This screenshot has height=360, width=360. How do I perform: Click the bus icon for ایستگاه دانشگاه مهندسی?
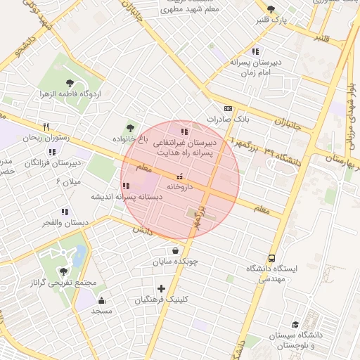pos(271,258)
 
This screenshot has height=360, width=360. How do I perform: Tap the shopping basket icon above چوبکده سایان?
pos(174,250)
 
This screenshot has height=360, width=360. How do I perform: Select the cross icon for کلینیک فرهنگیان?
pos(162,288)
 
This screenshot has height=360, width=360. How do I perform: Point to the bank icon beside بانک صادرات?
pos(228,109)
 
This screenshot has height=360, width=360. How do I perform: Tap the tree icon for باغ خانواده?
pos(130,127)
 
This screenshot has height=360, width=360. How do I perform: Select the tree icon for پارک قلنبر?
pos(271,9)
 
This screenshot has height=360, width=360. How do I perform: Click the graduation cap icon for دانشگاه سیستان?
pos(295,325)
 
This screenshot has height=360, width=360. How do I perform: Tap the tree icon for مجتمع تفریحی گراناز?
pos(64,271)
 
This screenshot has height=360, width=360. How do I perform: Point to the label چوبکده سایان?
pos(176,262)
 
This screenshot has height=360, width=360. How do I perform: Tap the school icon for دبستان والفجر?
pos(65,211)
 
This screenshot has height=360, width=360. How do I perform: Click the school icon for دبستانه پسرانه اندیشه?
pos(126,186)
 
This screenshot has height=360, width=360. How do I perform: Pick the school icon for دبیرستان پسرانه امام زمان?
pos(255,51)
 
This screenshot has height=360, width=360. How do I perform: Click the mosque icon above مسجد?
pos(102,300)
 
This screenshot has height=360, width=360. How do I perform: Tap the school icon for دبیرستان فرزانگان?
pos(52,152)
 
